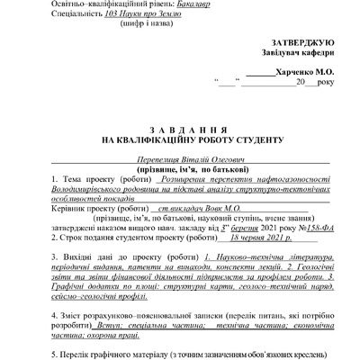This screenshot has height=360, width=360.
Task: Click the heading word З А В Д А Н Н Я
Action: click(179, 129)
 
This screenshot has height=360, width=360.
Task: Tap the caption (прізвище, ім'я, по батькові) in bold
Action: click(179, 168)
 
